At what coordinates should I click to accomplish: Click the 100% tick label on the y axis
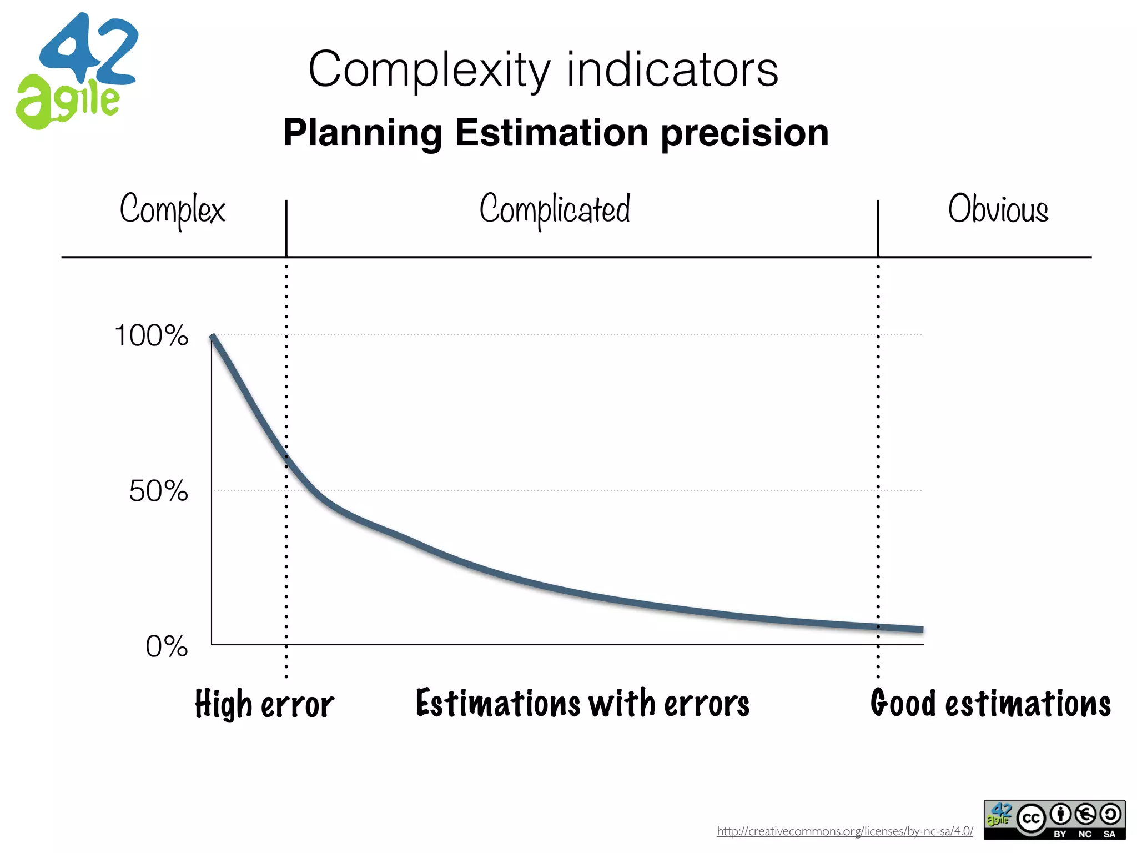(x=151, y=335)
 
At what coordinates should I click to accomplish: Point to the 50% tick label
(x=158, y=491)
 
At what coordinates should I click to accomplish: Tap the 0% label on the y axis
(x=167, y=646)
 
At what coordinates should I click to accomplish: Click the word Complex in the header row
(x=172, y=209)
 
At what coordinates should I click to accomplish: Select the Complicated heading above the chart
(x=555, y=209)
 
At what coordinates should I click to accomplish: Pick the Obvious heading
(x=998, y=209)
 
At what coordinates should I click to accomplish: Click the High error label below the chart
(x=264, y=704)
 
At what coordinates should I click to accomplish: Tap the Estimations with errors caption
(x=582, y=704)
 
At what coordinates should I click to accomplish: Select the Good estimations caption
(x=990, y=704)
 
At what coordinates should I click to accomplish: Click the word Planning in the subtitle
(x=363, y=133)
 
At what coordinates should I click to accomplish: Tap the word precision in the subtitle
(x=744, y=133)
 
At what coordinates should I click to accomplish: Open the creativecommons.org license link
(x=844, y=831)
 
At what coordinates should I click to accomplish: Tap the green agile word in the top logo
(x=67, y=103)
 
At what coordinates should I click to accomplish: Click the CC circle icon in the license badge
(x=1031, y=818)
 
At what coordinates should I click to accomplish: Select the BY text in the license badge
(x=1060, y=834)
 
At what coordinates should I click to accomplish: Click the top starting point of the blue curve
(x=213, y=336)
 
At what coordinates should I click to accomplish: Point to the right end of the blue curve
(x=922, y=629)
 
